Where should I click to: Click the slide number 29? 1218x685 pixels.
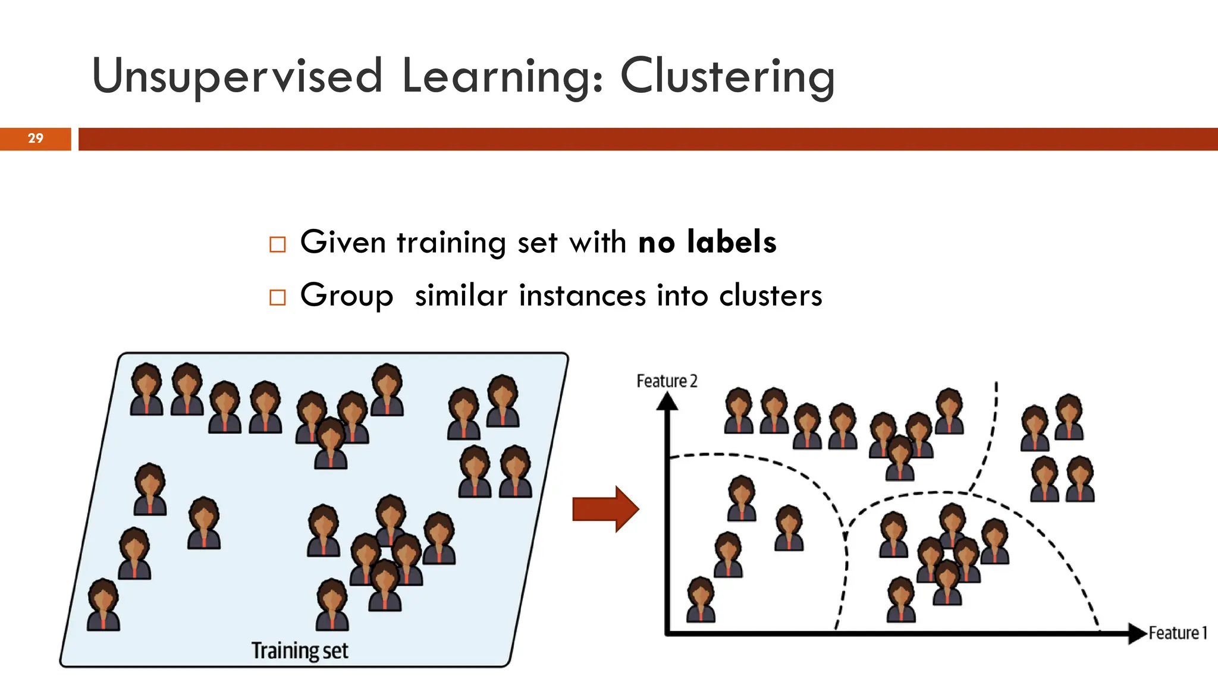[36, 139]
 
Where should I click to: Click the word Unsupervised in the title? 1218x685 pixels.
[237, 76]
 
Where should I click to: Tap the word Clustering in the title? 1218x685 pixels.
[727, 76]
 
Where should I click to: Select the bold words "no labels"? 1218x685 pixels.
[707, 242]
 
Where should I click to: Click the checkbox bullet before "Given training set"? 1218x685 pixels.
[278, 244]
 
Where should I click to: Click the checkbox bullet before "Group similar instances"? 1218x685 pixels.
[278, 297]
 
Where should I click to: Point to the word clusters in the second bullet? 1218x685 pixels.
[770, 296]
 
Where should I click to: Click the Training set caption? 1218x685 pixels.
[300, 651]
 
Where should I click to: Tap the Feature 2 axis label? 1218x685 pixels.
[667, 381]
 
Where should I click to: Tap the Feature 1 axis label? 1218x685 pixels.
[1178, 633]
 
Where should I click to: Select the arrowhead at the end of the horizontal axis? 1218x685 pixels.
[1137, 633]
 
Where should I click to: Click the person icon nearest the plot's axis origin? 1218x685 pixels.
[701, 599]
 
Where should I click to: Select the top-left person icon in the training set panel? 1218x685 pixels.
[146, 389]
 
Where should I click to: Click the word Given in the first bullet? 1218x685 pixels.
[343, 242]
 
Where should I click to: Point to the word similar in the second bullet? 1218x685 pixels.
[461, 296]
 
